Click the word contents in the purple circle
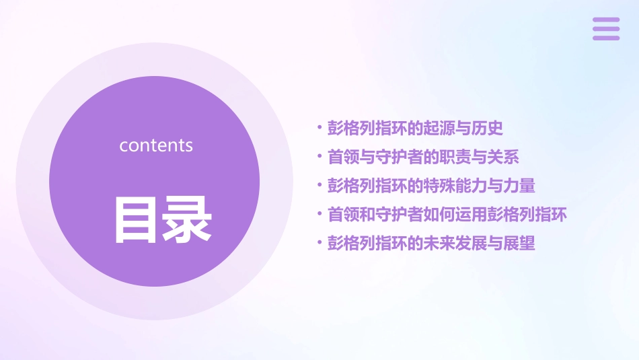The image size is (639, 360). (x=156, y=145)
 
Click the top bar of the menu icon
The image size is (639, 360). (x=605, y=20)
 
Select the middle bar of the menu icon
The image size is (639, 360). (x=605, y=29)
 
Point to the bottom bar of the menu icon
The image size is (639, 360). (x=605, y=38)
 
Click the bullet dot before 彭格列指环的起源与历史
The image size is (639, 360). (x=319, y=128)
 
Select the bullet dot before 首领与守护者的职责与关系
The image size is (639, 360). (x=319, y=157)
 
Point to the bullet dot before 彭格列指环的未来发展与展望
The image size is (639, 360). (x=319, y=244)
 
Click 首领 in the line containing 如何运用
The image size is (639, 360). (x=343, y=215)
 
